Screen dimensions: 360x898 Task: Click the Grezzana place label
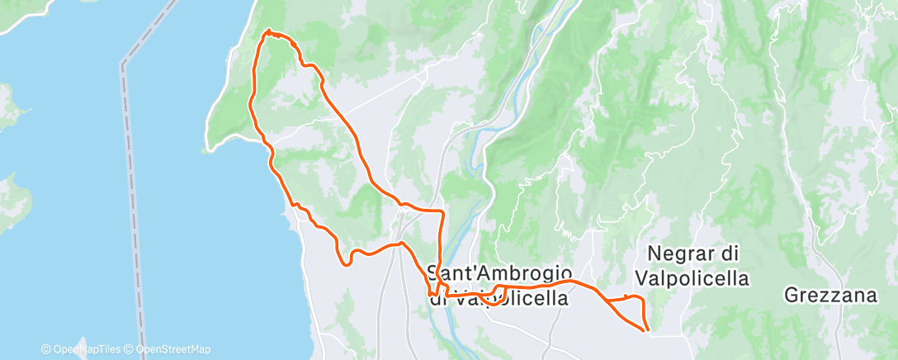[829, 295]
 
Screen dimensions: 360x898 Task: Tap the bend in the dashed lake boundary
[124, 63]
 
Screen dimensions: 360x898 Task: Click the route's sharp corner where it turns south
[443, 212]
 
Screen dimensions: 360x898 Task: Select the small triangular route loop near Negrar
[631, 310]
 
